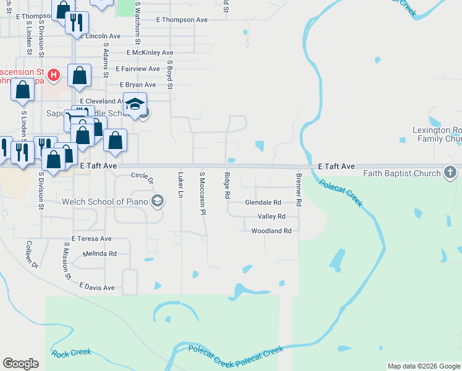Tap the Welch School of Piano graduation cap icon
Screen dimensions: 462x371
tap(157, 200)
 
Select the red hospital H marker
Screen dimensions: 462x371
tap(54, 75)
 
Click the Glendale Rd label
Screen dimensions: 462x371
tap(263, 202)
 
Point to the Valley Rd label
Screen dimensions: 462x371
tap(271, 216)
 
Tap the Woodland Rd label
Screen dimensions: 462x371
tap(271, 231)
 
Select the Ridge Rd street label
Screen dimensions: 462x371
tap(227, 185)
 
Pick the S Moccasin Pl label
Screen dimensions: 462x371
tap(201, 194)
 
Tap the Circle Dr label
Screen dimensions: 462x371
tap(142, 177)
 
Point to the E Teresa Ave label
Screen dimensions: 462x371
tap(91, 238)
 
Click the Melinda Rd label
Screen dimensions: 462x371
tap(99, 254)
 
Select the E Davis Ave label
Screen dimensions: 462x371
tap(97, 288)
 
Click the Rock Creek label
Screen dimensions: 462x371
tap(72, 353)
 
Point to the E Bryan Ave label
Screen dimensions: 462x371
tap(138, 84)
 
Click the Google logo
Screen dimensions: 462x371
tap(20, 364)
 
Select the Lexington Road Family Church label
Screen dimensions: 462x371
tap(437, 135)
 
